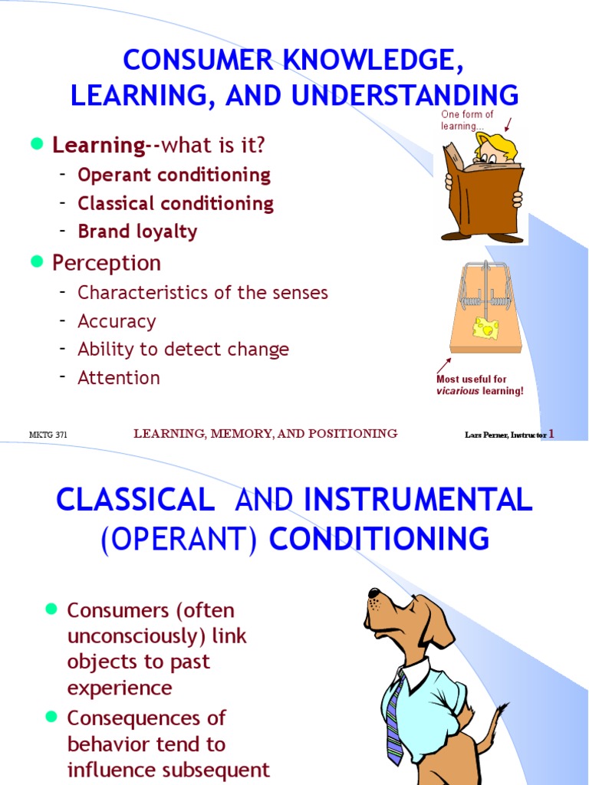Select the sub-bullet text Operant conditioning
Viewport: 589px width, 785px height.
pos(174,175)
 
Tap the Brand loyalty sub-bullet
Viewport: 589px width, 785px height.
pos(137,232)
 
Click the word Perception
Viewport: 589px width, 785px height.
pos(107,263)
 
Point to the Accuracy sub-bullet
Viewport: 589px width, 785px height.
pos(117,321)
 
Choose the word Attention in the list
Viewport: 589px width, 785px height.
pos(119,378)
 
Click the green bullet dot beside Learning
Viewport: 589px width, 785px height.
pos(35,144)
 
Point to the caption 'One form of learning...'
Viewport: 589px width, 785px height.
pos(467,120)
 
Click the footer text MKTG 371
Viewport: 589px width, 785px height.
pos(48,435)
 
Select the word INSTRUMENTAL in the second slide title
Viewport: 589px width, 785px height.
pos(418,500)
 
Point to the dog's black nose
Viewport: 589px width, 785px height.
pos(373,593)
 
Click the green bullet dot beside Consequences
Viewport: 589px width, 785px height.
pos(51,716)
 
